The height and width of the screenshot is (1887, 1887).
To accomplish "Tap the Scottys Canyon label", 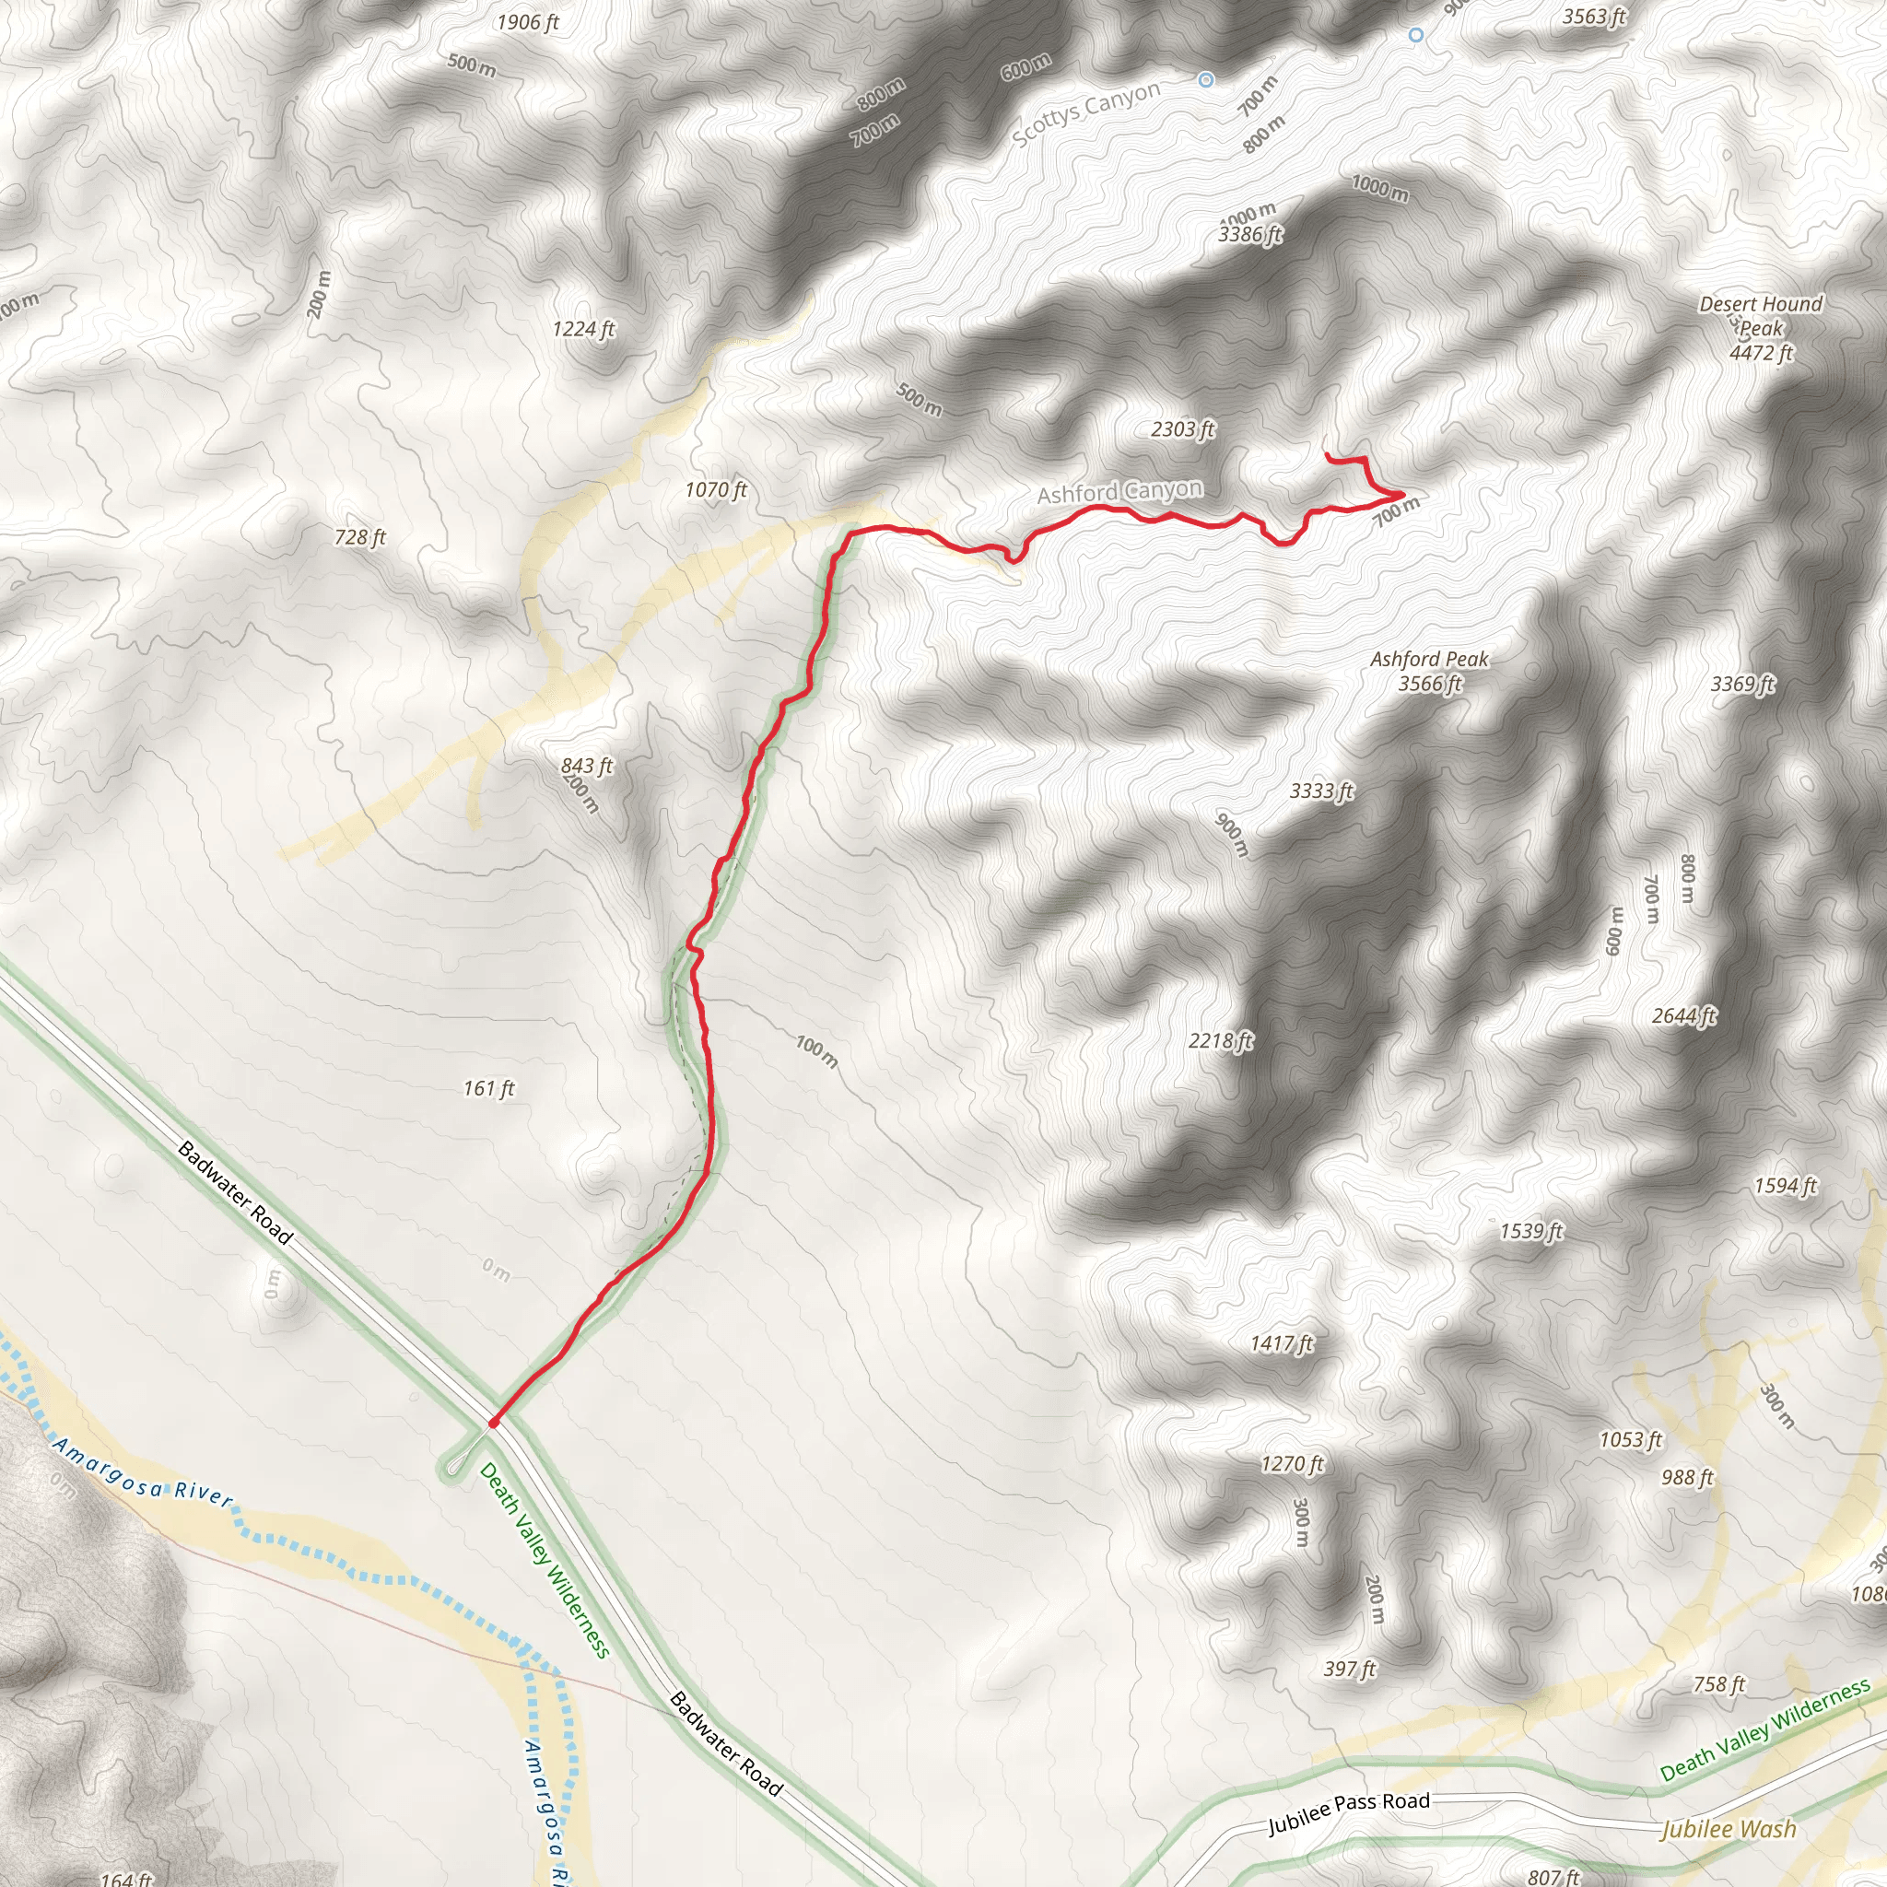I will click(x=1086, y=113).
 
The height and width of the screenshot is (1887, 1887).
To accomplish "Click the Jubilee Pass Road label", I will click(x=1348, y=1812).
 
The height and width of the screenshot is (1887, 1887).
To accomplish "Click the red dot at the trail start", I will click(x=494, y=1423).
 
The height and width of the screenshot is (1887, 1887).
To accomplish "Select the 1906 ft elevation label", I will click(x=527, y=22).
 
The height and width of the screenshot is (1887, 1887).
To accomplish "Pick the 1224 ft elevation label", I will click(x=583, y=329).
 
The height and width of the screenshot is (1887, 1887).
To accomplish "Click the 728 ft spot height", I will click(x=359, y=537).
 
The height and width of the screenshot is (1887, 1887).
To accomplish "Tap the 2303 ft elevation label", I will click(x=1182, y=428).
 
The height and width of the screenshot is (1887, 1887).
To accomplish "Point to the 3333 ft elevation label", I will click(x=1320, y=791).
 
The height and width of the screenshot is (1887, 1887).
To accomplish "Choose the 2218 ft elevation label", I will click(x=1220, y=1041).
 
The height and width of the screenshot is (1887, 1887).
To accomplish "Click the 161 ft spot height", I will click(x=488, y=1088).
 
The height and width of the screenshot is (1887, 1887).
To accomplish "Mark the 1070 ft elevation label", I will click(x=715, y=489).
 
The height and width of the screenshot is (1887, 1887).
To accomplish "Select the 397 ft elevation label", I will click(x=1349, y=1670).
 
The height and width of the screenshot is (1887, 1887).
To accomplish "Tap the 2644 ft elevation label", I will click(x=1682, y=1015).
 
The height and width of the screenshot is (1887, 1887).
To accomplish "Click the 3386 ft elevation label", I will click(x=1249, y=234).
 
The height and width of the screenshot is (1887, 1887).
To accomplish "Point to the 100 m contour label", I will click(x=816, y=1051).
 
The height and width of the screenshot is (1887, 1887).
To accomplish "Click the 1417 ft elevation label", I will click(x=1282, y=1344).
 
